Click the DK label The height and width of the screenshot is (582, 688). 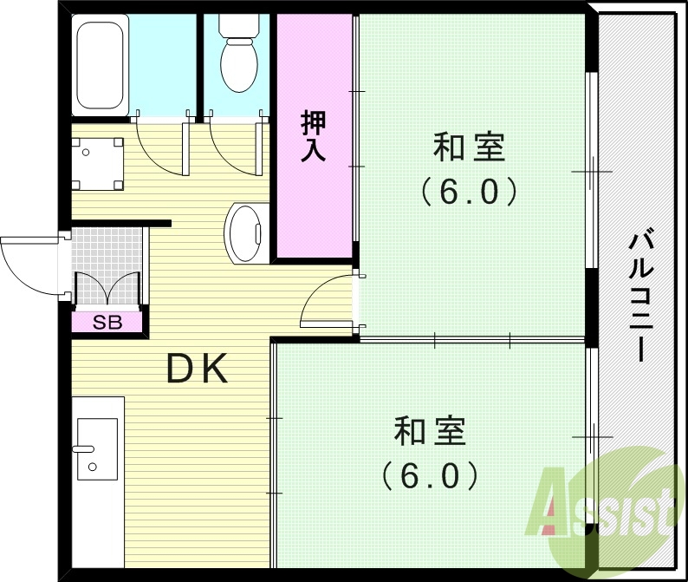click(198, 370)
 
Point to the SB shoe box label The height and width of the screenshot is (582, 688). click(107, 323)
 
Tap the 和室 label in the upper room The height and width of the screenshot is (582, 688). click(469, 147)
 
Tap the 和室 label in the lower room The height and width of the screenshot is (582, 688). click(430, 430)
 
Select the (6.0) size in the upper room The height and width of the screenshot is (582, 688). click(469, 191)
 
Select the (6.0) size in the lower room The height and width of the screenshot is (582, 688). click(430, 474)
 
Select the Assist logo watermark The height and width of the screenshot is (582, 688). click(607, 504)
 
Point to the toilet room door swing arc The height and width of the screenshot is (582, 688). click(232, 147)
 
